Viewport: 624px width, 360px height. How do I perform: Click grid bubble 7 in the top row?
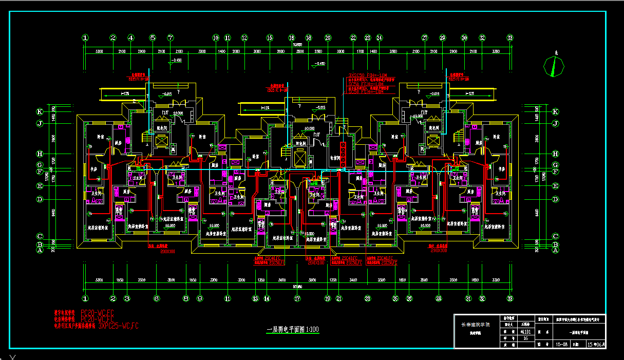171,37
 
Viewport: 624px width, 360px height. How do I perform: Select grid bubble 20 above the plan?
328,37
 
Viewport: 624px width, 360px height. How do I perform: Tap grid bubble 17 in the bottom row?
297,298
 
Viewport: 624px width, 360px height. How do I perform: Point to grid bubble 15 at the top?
269,37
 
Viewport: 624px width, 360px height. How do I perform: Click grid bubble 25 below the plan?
395,298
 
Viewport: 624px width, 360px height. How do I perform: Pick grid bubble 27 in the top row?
425,37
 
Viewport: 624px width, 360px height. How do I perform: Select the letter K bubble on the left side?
39,111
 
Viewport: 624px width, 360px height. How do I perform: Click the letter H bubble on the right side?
555,154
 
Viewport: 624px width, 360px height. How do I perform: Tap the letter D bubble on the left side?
39,199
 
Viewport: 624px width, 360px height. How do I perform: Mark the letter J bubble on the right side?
555,123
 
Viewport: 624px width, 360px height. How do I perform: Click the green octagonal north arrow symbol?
554,66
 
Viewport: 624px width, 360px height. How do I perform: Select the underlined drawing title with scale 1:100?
293,330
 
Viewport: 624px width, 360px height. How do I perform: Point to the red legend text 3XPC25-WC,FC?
118,325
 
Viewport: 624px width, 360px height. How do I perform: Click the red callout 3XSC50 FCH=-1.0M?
366,75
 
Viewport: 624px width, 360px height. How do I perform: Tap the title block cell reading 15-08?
561,345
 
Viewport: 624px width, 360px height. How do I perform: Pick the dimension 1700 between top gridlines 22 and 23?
360,52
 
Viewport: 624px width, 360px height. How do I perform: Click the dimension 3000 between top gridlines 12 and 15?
256,52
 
